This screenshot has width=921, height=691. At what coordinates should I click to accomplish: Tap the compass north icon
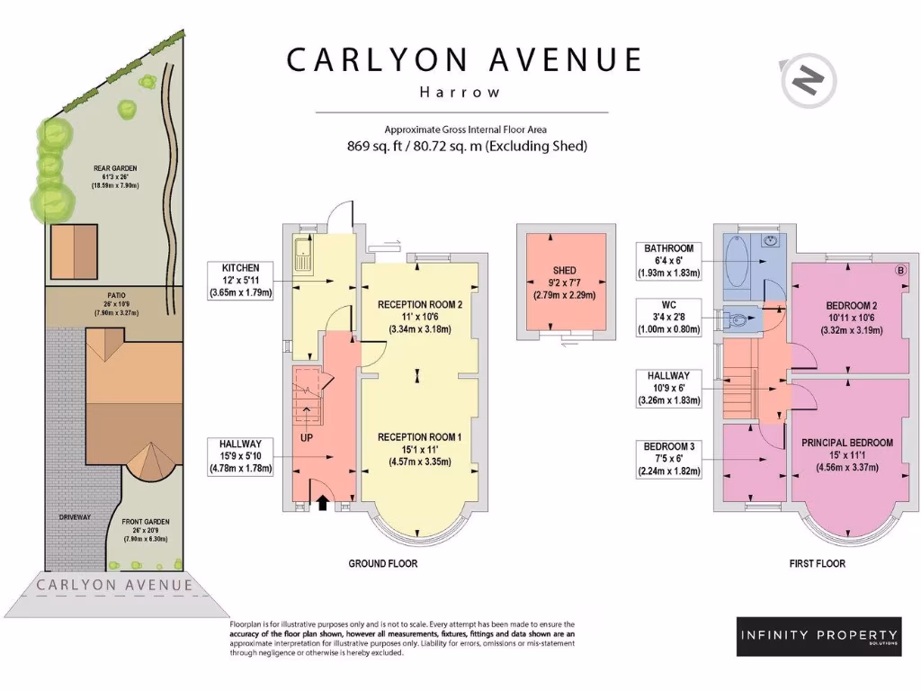coord(808,83)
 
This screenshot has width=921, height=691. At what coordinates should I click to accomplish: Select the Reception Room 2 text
coord(421,305)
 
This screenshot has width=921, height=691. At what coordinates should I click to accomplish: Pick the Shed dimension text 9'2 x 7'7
coord(564,283)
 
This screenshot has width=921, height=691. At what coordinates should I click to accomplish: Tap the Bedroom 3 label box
coord(668,458)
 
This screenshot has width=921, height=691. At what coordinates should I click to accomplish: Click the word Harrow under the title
coord(460,92)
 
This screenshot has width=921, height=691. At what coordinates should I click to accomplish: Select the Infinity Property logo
coord(818,636)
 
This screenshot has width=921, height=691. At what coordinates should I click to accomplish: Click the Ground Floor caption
coord(383,563)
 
